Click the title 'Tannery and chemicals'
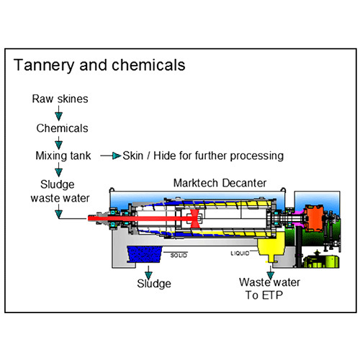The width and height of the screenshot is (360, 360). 99,65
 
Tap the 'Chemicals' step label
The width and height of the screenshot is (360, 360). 63,128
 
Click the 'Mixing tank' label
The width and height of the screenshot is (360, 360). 62,156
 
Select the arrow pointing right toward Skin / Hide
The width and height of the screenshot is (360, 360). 109,156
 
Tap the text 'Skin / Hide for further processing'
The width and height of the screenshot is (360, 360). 202,156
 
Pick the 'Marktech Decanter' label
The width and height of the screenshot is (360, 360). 220,184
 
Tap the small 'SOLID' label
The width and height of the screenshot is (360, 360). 180,253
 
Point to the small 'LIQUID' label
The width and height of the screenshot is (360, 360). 241,253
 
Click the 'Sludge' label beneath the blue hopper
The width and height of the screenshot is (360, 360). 153,284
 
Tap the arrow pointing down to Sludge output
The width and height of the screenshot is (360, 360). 148,271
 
